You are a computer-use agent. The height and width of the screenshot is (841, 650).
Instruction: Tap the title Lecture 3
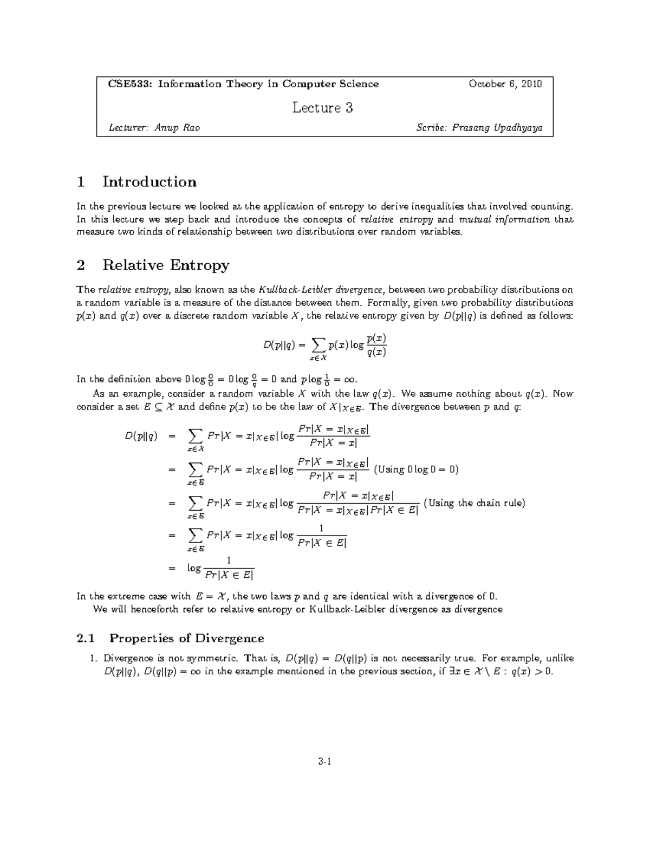tap(323, 108)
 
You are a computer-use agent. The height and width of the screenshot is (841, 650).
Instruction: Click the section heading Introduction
tap(149, 181)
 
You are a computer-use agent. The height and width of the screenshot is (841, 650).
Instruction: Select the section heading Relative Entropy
tap(166, 265)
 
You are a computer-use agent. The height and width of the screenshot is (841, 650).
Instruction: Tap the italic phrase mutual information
tap(504, 219)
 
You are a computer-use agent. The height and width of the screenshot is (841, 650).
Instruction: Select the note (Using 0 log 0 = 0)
tap(416, 470)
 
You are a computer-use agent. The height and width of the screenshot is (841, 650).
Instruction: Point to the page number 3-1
tap(325, 762)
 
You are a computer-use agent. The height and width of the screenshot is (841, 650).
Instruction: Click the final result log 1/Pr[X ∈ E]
tap(220, 569)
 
